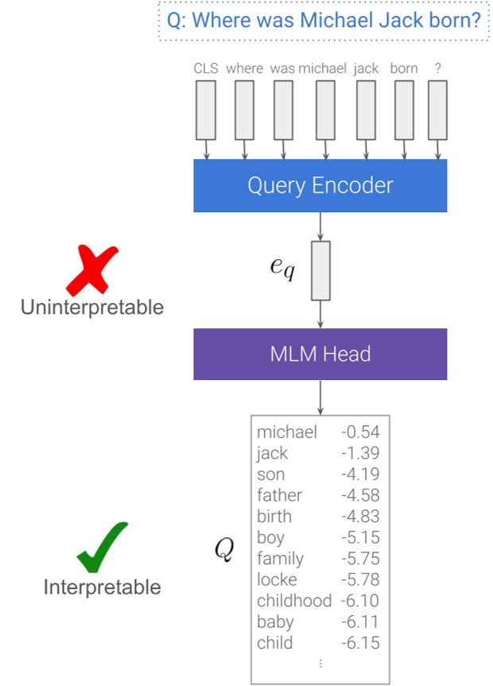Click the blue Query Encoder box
pyautogui.click(x=320, y=185)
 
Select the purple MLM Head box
pyautogui.click(x=320, y=354)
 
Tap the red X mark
pyautogui.click(x=91, y=269)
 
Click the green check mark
pyautogui.click(x=103, y=548)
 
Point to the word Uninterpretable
pyautogui.click(x=92, y=308)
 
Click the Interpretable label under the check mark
pyautogui.click(x=102, y=587)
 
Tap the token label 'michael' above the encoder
pyautogui.click(x=323, y=68)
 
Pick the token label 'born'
pyautogui.click(x=403, y=68)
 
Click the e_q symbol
pyautogui.click(x=281, y=269)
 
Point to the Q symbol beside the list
pyautogui.click(x=224, y=549)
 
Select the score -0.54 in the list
pyautogui.click(x=360, y=432)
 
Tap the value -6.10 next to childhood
pyautogui.click(x=360, y=601)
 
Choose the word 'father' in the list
pyautogui.click(x=279, y=495)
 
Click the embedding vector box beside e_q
pyautogui.click(x=320, y=270)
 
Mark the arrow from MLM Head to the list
pyautogui.click(x=320, y=397)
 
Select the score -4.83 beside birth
pyautogui.click(x=360, y=517)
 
